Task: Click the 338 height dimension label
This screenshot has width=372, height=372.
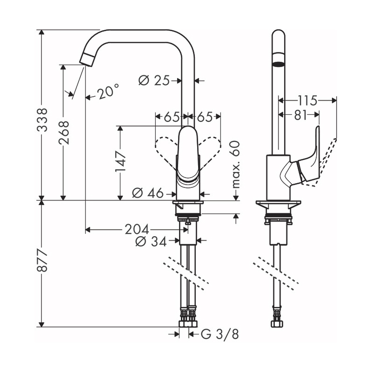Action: click(42, 120)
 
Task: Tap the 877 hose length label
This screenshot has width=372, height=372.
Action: click(42, 263)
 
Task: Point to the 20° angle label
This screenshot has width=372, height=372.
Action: click(108, 92)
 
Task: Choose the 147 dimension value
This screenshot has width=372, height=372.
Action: click(120, 161)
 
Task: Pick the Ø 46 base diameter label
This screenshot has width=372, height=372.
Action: click(147, 193)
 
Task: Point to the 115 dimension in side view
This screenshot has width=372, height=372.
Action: click(307, 100)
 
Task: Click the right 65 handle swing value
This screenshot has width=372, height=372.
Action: click(205, 117)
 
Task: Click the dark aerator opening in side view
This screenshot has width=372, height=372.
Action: click(278, 63)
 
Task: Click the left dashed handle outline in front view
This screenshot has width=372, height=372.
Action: click(166, 149)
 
